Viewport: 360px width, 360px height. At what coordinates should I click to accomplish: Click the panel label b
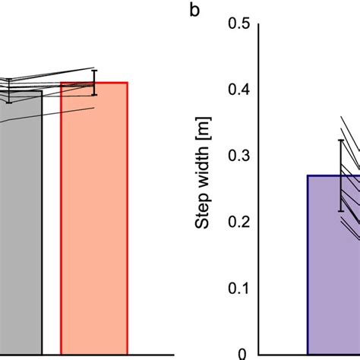[195, 12]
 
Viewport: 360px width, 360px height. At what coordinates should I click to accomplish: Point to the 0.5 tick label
[238, 24]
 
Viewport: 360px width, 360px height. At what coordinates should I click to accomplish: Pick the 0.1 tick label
[238, 288]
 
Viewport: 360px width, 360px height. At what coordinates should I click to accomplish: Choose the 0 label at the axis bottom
[244, 353]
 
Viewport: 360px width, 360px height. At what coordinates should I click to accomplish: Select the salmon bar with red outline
[94, 220]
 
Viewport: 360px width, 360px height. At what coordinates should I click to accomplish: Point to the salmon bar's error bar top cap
[94, 70]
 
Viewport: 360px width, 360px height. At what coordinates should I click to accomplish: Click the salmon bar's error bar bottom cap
[94, 95]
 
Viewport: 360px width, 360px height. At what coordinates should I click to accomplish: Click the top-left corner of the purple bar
[308, 175]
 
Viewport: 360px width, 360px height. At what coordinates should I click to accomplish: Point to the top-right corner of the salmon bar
[128, 82]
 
